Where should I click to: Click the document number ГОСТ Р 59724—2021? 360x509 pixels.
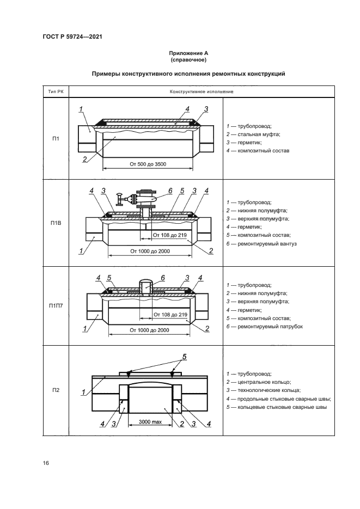[72, 36]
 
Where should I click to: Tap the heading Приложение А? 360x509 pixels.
[188, 53]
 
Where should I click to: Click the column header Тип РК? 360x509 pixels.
[55, 91]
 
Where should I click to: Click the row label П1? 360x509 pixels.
[55, 138]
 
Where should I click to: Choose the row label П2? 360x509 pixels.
[55, 390]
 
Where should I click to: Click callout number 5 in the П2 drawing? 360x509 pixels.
[184, 357]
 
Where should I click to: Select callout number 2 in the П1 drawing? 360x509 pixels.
[86, 160]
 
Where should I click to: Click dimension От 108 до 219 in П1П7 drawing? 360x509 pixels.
[169, 315]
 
